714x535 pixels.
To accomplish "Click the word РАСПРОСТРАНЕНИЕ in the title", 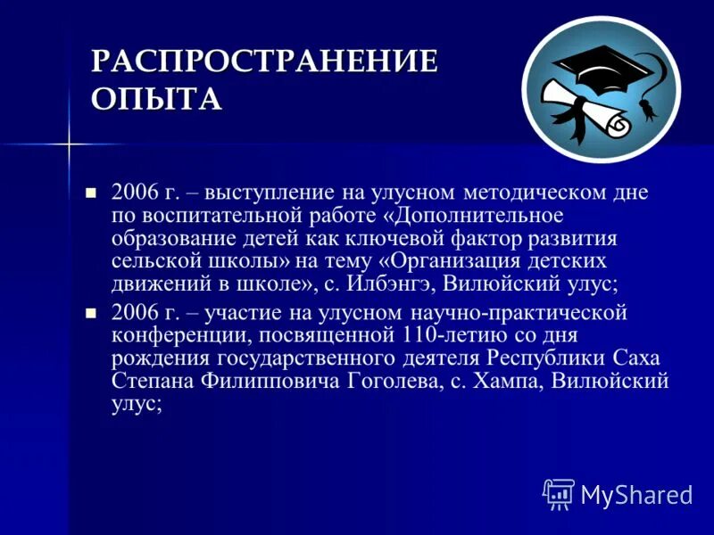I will point(265,62).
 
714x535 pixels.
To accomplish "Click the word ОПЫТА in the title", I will point(156,97).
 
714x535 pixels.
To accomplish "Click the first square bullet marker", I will point(89,193).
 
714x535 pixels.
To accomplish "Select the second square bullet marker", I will point(89,314).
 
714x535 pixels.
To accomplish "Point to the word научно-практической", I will point(519,314).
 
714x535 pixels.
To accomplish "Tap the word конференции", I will point(169,336).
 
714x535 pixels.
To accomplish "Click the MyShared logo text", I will point(636,493).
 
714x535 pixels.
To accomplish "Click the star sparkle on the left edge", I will point(69,144).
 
